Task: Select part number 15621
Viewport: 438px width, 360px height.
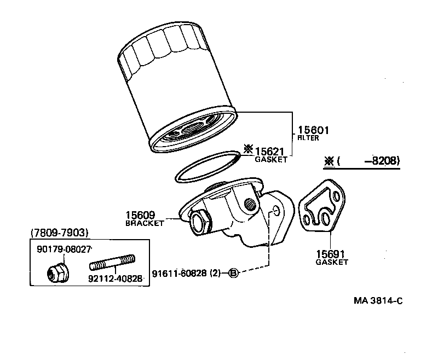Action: [x=272, y=150]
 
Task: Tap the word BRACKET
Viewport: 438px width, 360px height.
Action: [x=145, y=223]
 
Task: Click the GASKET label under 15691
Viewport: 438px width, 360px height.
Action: [x=331, y=262]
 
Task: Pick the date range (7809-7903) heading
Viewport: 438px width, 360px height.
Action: [x=59, y=233]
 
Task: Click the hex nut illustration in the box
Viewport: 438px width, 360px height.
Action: [x=57, y=271]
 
